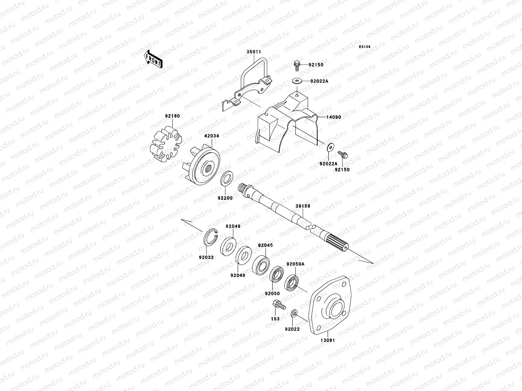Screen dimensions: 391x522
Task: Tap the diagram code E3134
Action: click(365, 47)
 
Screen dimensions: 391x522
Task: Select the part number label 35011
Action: click(254, 52)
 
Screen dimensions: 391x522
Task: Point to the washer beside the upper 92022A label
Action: click(297, 81)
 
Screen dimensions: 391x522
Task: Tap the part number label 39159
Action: click(303, 206)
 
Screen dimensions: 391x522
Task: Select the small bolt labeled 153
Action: click(278, 306)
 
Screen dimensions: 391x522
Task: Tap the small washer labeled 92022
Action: click(294, 314)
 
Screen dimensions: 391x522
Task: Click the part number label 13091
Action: click(327, 340)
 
